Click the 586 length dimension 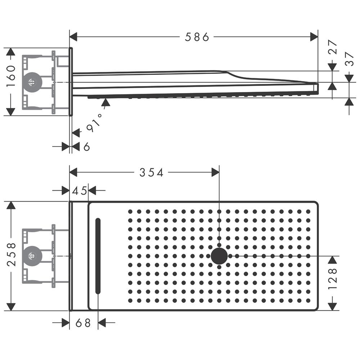197,37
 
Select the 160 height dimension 11,76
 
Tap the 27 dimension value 332,47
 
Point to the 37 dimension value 349,59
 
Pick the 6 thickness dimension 86,147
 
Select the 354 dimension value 151,173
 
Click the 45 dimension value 80,190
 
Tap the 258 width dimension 11,255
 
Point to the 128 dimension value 332,279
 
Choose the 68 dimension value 83,323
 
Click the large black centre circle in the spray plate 219,256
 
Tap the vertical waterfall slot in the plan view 98,256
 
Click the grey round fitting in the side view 32,82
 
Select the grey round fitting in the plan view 32,256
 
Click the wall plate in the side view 71,82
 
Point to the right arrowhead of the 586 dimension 314,37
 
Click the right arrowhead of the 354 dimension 215,172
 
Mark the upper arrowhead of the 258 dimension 11,205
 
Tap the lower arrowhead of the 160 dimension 10,112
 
